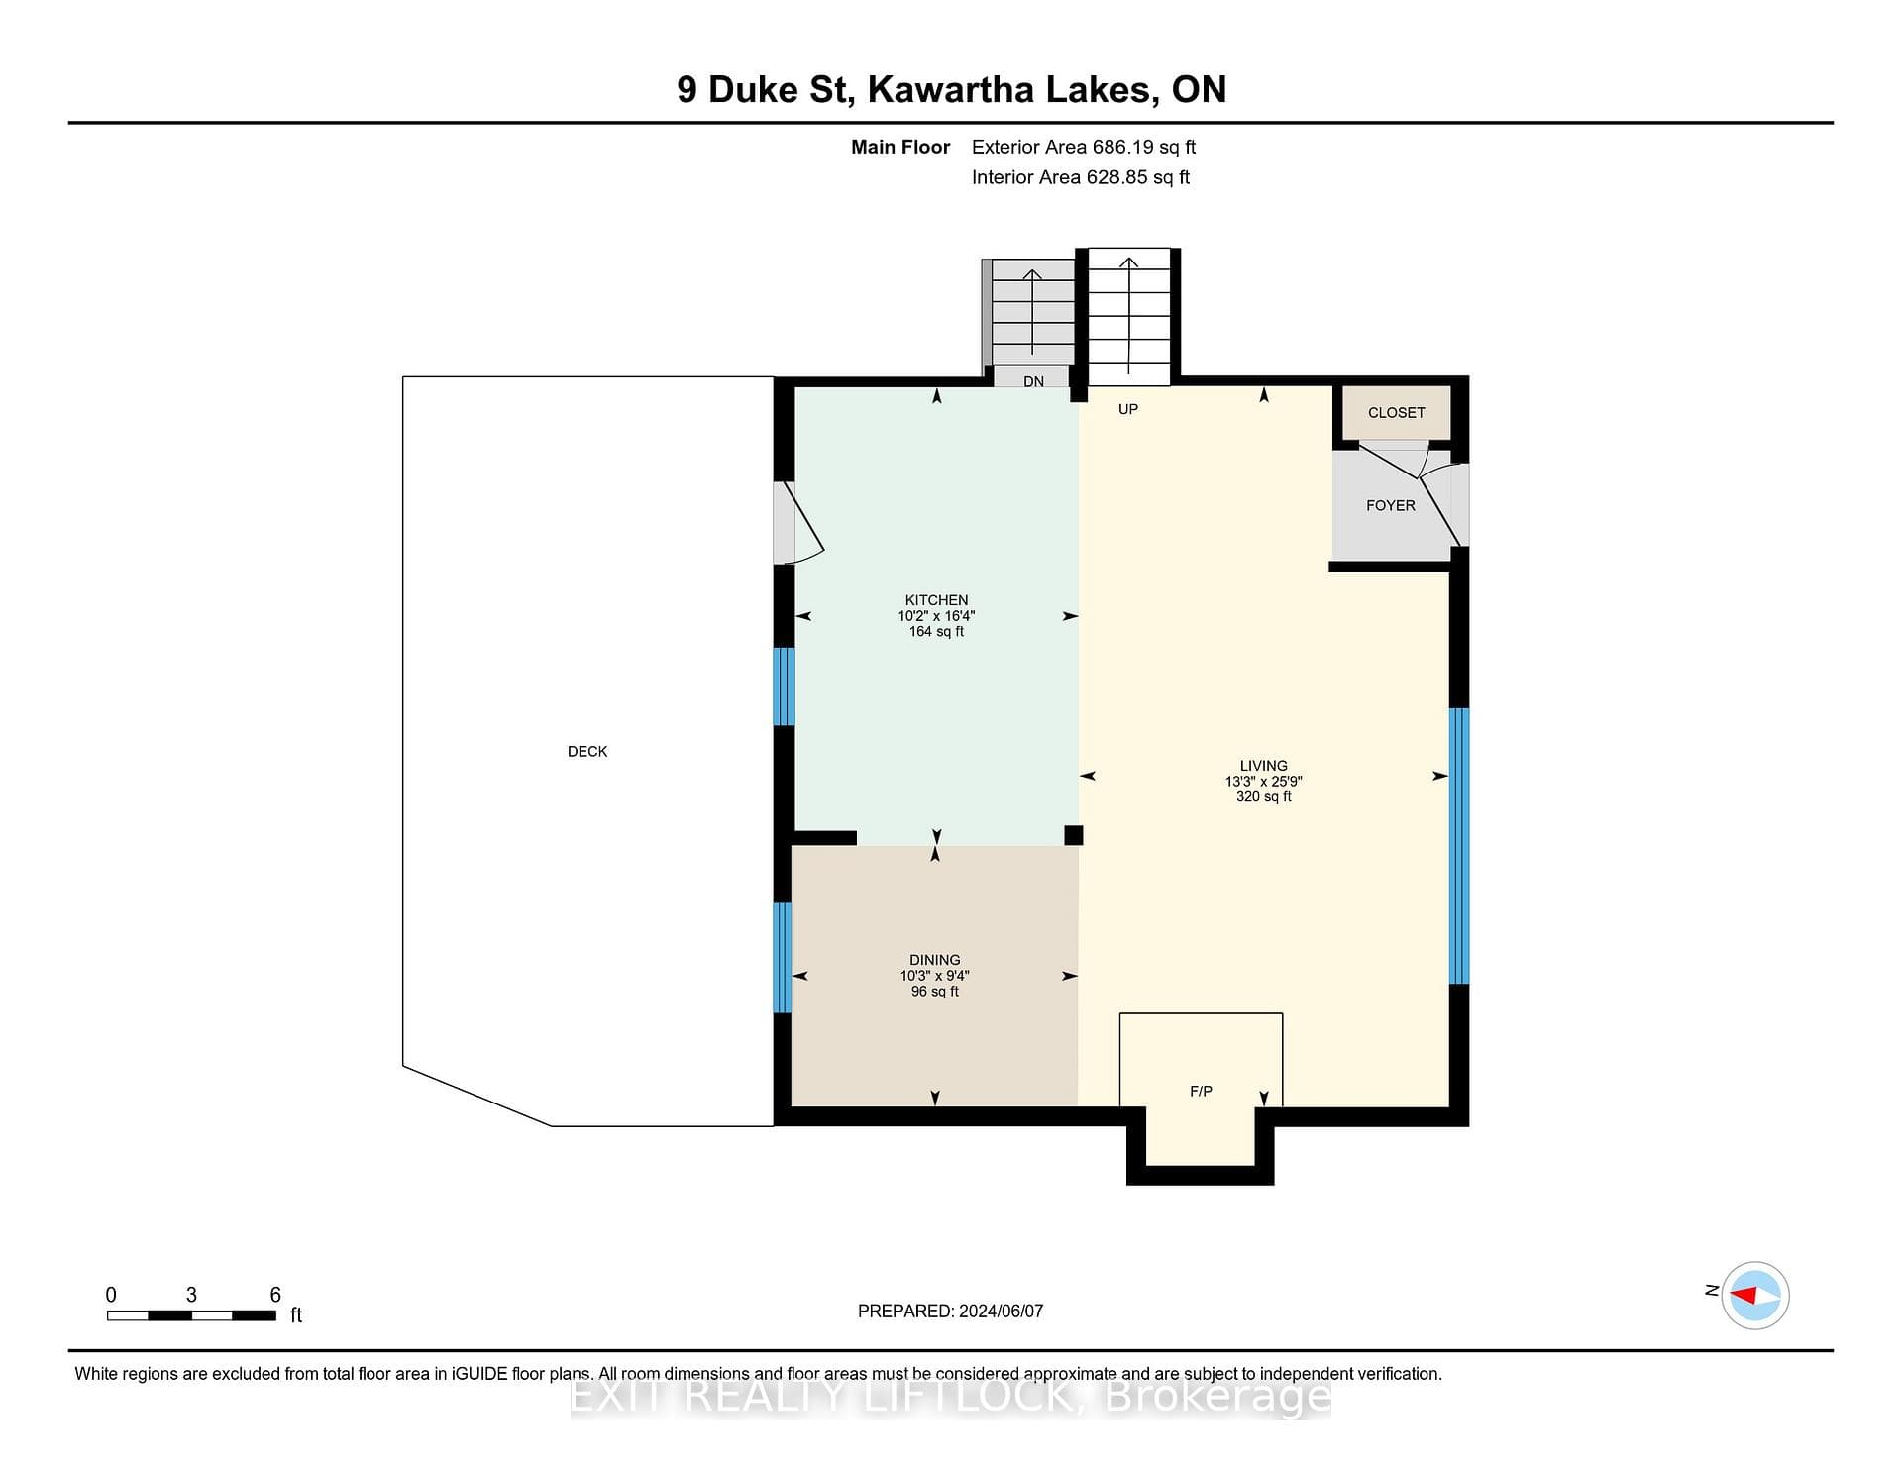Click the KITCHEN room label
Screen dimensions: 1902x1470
[936, 600]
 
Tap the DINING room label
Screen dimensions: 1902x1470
[935, 960]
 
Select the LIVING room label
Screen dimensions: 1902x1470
[1263, 766]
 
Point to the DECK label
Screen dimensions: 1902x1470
[587, 752]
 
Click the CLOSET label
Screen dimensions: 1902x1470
[1396, 413]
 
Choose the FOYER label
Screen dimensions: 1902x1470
[1391, 506]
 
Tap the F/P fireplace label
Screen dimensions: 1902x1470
[1201, 1092]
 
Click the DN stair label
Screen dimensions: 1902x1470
[1033, 382]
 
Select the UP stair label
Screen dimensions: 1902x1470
[1128, 409]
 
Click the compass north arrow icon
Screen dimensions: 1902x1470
[1754, 1295]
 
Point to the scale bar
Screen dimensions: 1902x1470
[191, 1315]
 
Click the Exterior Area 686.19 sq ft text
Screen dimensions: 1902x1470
[1084, 148]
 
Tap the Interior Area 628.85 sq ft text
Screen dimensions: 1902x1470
[1081, 178]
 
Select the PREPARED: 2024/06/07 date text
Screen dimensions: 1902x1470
[950, 1312]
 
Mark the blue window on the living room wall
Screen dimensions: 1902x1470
[1459, 846]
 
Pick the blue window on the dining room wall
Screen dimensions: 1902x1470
[783, 958]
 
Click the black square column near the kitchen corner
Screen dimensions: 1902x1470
[1074, 836]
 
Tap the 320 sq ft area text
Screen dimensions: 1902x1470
[1263, 797]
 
